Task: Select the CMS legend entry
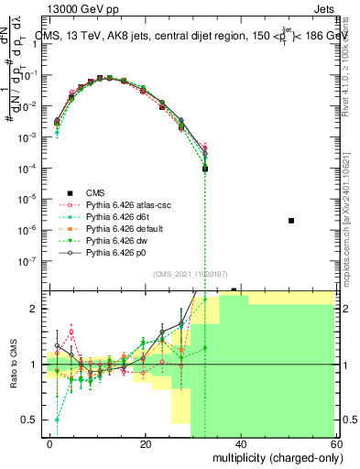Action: pyautogui.click(x=96, y=192)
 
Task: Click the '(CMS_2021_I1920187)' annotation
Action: pyautogui.click(x=191, y=274)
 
